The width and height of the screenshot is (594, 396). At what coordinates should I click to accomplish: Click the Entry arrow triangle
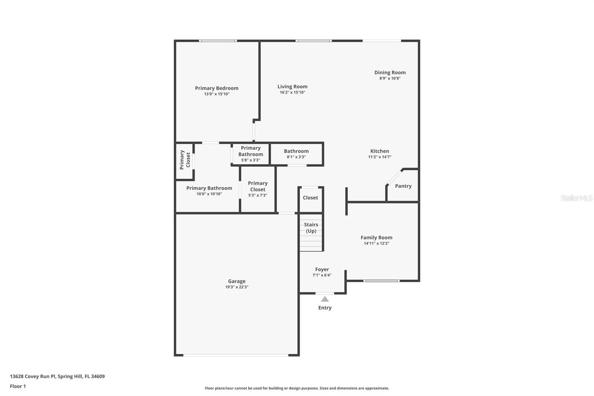pyautogui.click(x=325, y=299)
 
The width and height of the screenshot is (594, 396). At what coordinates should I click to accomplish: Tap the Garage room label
pyautogui.click(x=236, y=281)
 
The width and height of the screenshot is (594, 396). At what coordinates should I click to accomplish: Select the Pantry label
pyautogui.click(x=403, y=186)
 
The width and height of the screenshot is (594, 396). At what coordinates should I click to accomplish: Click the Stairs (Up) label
pyautogui.click(x=311, y=228)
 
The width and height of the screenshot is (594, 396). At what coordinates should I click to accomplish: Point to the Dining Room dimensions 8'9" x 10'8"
pyautogui.click(x=390, y=78)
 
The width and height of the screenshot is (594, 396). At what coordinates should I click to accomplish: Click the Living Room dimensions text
pyautogui.click(x=293, y=92)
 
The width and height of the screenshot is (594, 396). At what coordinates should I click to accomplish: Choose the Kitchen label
pyautogui.click(x=379, y=151)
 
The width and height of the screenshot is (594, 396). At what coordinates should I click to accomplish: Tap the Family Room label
pyautogui.click(x=376, y=237)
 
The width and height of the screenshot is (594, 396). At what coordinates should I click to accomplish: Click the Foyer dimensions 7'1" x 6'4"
pyautogui.click(x=322, y=275)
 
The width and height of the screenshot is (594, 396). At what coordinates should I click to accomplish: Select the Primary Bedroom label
pyautogui.click(x=217, y=88)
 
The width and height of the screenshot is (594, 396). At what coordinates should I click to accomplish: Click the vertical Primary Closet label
pyautogui.click(x=185, y=160)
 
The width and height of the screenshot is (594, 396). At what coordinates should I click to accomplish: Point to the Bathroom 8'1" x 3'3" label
pyautogui.click(x=296, y=154)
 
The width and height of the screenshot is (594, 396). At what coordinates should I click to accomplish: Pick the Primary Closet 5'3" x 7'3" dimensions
pyautogui.click(x=258, y=195)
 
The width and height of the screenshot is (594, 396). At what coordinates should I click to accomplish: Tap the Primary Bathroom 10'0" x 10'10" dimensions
pyautogui.click(x=209, y=194)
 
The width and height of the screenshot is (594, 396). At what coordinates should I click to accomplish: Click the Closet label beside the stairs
pyautogui.click(x=310, y=198)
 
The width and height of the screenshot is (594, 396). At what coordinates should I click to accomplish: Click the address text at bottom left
pyautogui.click(x=57, y=376)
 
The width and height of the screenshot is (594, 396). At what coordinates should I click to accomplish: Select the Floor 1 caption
pyautogui.click(x=18, y=386)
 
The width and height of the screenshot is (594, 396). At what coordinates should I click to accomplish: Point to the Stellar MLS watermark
pyautogui.click(x=577, y=198)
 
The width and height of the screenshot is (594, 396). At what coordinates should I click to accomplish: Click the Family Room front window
pyautogui.click(x=381, y=280)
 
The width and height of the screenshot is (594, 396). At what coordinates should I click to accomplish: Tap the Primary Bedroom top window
pyautogui.click(x=218, y=40)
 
